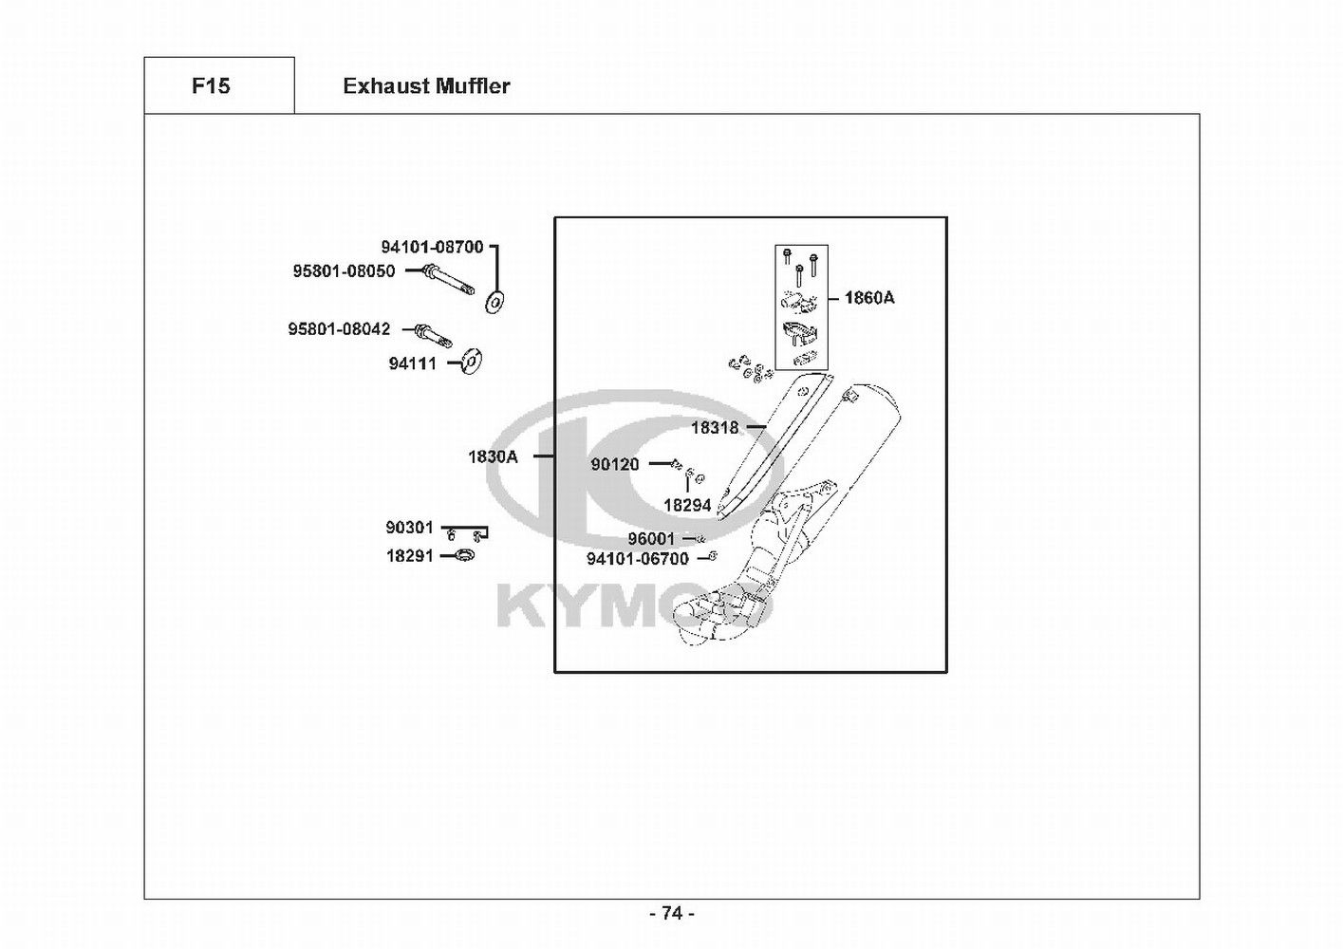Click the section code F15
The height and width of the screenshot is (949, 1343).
point(211,86)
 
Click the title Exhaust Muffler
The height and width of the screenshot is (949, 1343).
point(426,86)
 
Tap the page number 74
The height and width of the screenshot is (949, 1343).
point(671,913)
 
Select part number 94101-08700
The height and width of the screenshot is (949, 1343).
point(433,247)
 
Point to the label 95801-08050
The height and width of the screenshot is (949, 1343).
point(344,271)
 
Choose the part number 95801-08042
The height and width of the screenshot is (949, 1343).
point(339,329)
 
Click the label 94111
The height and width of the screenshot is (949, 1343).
point(412,363)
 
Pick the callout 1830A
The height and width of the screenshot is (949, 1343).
point(493,456)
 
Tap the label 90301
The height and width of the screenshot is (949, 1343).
point(409,528)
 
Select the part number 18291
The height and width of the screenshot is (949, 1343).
point(409,556)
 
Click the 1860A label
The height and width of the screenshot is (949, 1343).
point(869,298)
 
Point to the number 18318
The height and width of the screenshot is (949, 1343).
point(714,428)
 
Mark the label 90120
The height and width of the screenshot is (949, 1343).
point(615,464)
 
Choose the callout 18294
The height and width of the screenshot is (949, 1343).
point(687,506)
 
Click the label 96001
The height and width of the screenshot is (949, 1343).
point(651,539)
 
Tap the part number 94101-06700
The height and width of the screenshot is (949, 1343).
point(638,559)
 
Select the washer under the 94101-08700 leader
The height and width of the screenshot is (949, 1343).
point(494,302)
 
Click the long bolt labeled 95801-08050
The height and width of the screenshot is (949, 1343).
point(449,282)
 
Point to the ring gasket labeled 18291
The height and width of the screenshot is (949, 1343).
point(465,555)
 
